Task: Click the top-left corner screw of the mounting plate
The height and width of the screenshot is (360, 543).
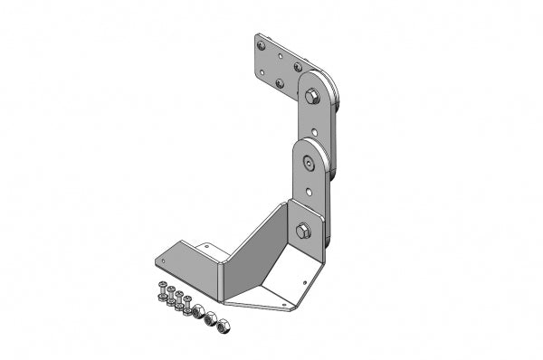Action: (261, 44)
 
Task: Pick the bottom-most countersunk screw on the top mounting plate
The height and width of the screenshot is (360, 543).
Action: (280, 84)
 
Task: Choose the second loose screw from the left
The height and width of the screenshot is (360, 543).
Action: (170, 296)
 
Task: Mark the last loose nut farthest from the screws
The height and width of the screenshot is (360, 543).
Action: (226, 324)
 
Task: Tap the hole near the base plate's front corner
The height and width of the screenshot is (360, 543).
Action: (287, 305)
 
